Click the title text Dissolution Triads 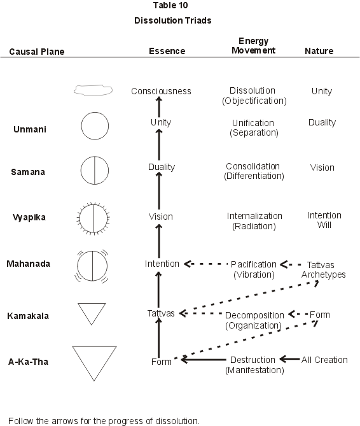tap(172, 20)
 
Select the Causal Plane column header tap(37, 52)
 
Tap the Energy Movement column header tap(253, 46)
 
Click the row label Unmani tap(30, 129)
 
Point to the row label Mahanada tap(28, 264)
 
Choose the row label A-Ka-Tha tap(28, 362)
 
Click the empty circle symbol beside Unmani tap(95, 112)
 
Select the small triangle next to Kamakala tap(92, 303)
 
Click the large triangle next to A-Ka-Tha tap(94, 346)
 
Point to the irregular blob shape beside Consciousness tap(93, 85)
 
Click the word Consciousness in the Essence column tap(161, 91)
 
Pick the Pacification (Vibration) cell tap(254, 269)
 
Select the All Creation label tap(324, 360)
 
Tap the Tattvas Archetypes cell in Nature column tap(323, 269)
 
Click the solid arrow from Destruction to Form tap(204, 360)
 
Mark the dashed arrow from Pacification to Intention tap(205, 264)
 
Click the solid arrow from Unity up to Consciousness tap(159, 107)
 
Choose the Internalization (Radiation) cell tap(254, 221)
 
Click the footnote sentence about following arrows tap(104, 420)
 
